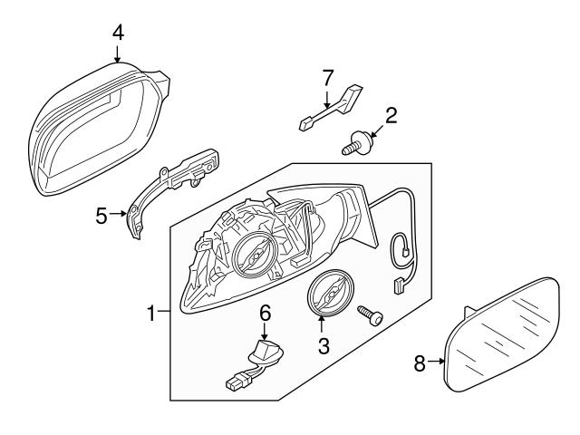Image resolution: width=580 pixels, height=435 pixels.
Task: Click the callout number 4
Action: pos(118,32)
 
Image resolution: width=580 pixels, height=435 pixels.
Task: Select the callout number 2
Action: pos(391,115)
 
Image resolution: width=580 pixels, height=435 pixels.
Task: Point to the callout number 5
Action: pos(102,215)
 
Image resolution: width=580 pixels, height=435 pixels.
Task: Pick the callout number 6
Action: pos(266,313)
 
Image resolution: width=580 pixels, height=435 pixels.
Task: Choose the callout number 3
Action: pos(322,345)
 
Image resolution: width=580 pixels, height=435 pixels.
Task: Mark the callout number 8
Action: pos(420,363)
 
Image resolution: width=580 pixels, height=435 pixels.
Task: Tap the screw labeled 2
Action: pos(360,143)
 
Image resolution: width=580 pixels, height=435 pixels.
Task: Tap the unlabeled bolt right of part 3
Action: pos(371,314)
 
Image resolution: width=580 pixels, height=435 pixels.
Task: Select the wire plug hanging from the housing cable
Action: pos(397,287)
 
